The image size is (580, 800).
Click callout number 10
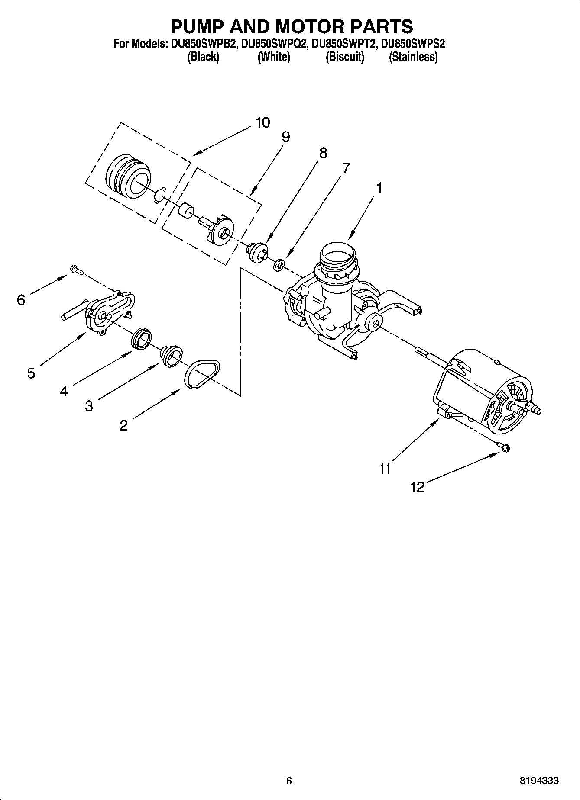(x=262, y=122)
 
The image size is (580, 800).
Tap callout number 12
(x=418, y=488)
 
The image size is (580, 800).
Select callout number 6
(x=21, y=299)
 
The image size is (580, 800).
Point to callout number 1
(x=379, y=188)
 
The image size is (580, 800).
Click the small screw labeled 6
(x=76, y=270)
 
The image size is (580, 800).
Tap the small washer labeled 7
(x=279, y=264)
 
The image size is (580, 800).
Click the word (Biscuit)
(x=345, y=57)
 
